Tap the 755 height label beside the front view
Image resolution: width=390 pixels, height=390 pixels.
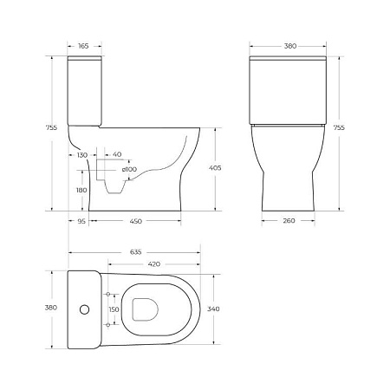(x=339, y=127)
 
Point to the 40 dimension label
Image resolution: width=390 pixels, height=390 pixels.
(x=117, y=153)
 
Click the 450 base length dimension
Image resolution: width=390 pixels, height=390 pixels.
(x=135, y=221)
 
